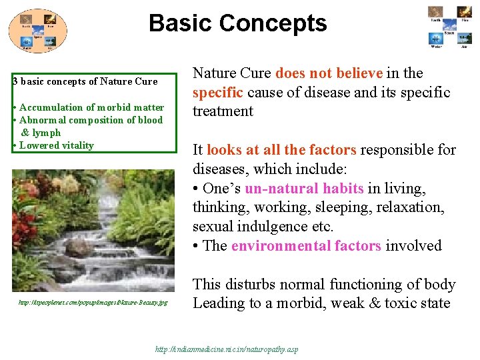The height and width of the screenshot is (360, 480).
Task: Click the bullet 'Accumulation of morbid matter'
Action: [x=91, y=107]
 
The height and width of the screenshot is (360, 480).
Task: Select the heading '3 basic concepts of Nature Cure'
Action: [x=85, y=81]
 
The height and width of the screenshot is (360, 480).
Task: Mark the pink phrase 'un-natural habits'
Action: [x=305, y=189]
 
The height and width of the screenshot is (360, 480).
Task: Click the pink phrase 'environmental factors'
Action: [x=306, y=246]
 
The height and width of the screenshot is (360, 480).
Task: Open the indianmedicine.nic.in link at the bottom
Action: [x=227, y=349]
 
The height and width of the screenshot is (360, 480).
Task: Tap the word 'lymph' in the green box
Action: [x=45, y=133]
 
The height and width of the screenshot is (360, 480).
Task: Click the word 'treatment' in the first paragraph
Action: [x=223, y=111]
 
